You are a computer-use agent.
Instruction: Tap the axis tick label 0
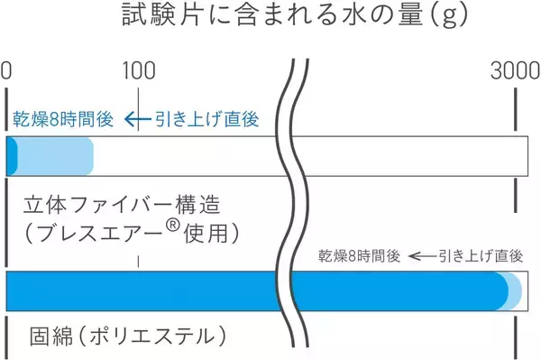pyautogui.click(x=6, y=72)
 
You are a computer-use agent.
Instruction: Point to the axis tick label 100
pyautogui.click(x=138, y=72)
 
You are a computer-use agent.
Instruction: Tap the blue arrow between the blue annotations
pyautogui.click(x=135, y=119)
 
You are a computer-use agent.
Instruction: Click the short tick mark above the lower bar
pyautogui.click(x=138, y=261)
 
